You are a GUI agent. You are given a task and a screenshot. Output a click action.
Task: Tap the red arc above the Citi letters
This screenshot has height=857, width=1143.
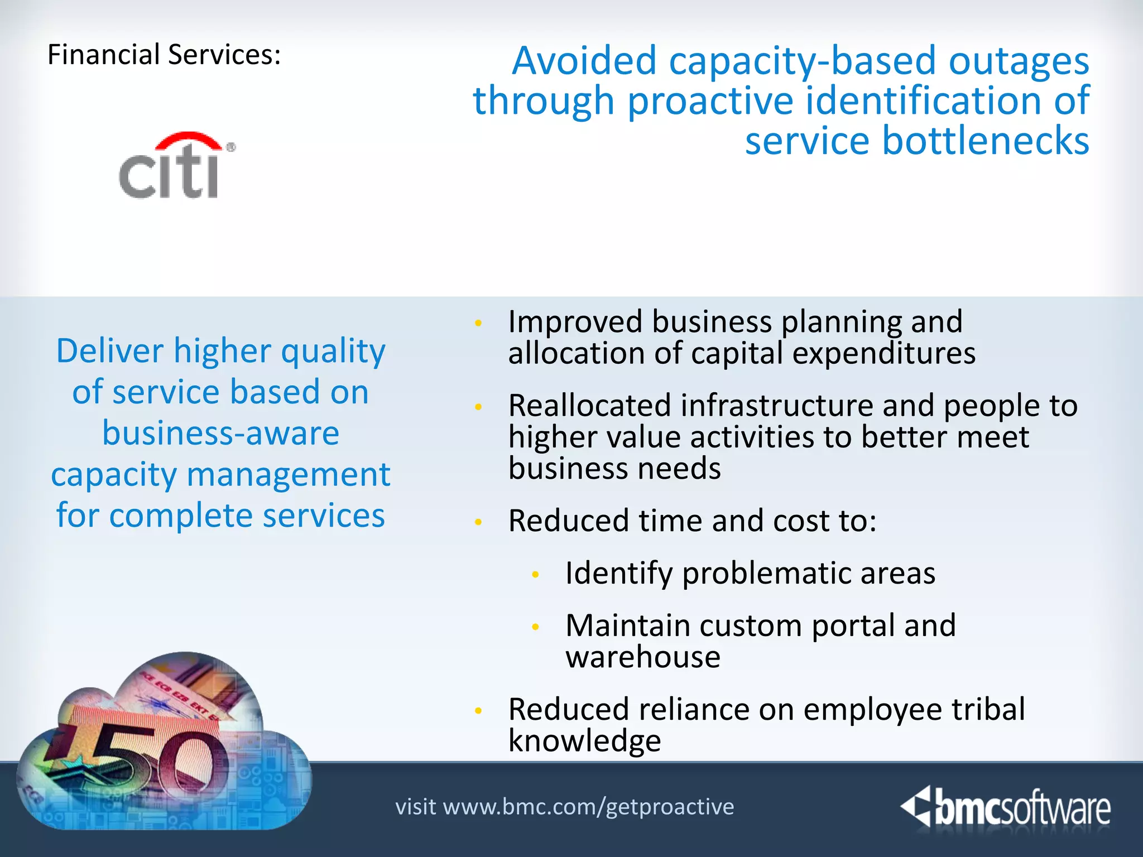(188, 139)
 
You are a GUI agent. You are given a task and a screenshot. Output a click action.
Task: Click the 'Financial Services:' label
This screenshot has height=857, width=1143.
(164, 55)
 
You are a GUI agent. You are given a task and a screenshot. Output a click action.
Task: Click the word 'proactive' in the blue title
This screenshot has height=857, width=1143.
(710, 101)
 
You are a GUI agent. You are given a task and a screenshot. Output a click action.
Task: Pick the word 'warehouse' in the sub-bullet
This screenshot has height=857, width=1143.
(643, 657)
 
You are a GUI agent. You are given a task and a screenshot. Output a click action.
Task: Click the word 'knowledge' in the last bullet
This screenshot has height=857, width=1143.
(584, 741)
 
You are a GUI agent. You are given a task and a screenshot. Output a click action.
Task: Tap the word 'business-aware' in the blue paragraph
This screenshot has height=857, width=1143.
(221, 433)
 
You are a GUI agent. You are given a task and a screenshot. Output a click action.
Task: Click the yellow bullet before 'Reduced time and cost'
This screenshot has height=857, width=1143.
(478, 522)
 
